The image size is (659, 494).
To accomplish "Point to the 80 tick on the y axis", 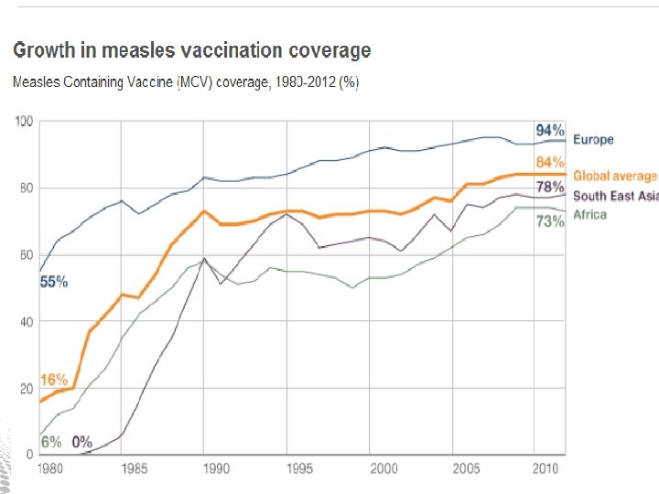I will [x=26, y=188].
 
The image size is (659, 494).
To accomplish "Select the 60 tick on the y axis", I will [x=26, y=255].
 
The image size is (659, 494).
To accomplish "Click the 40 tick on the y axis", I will [x=26, y=322].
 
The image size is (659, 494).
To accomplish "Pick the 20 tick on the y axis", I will [x=26, y=389].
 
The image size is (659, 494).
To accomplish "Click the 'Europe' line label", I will [x=593, y=140].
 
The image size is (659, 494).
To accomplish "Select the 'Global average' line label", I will [x=614, y=176].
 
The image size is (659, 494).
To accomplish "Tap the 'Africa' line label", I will [x=589, y=214].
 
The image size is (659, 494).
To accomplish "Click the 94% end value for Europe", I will [x=550, y=129].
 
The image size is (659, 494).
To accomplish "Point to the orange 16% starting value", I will [x=54, y=380].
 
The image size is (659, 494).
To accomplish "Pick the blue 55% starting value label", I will [x=54, y=282].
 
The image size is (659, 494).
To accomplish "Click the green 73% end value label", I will [x=550, y=222].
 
